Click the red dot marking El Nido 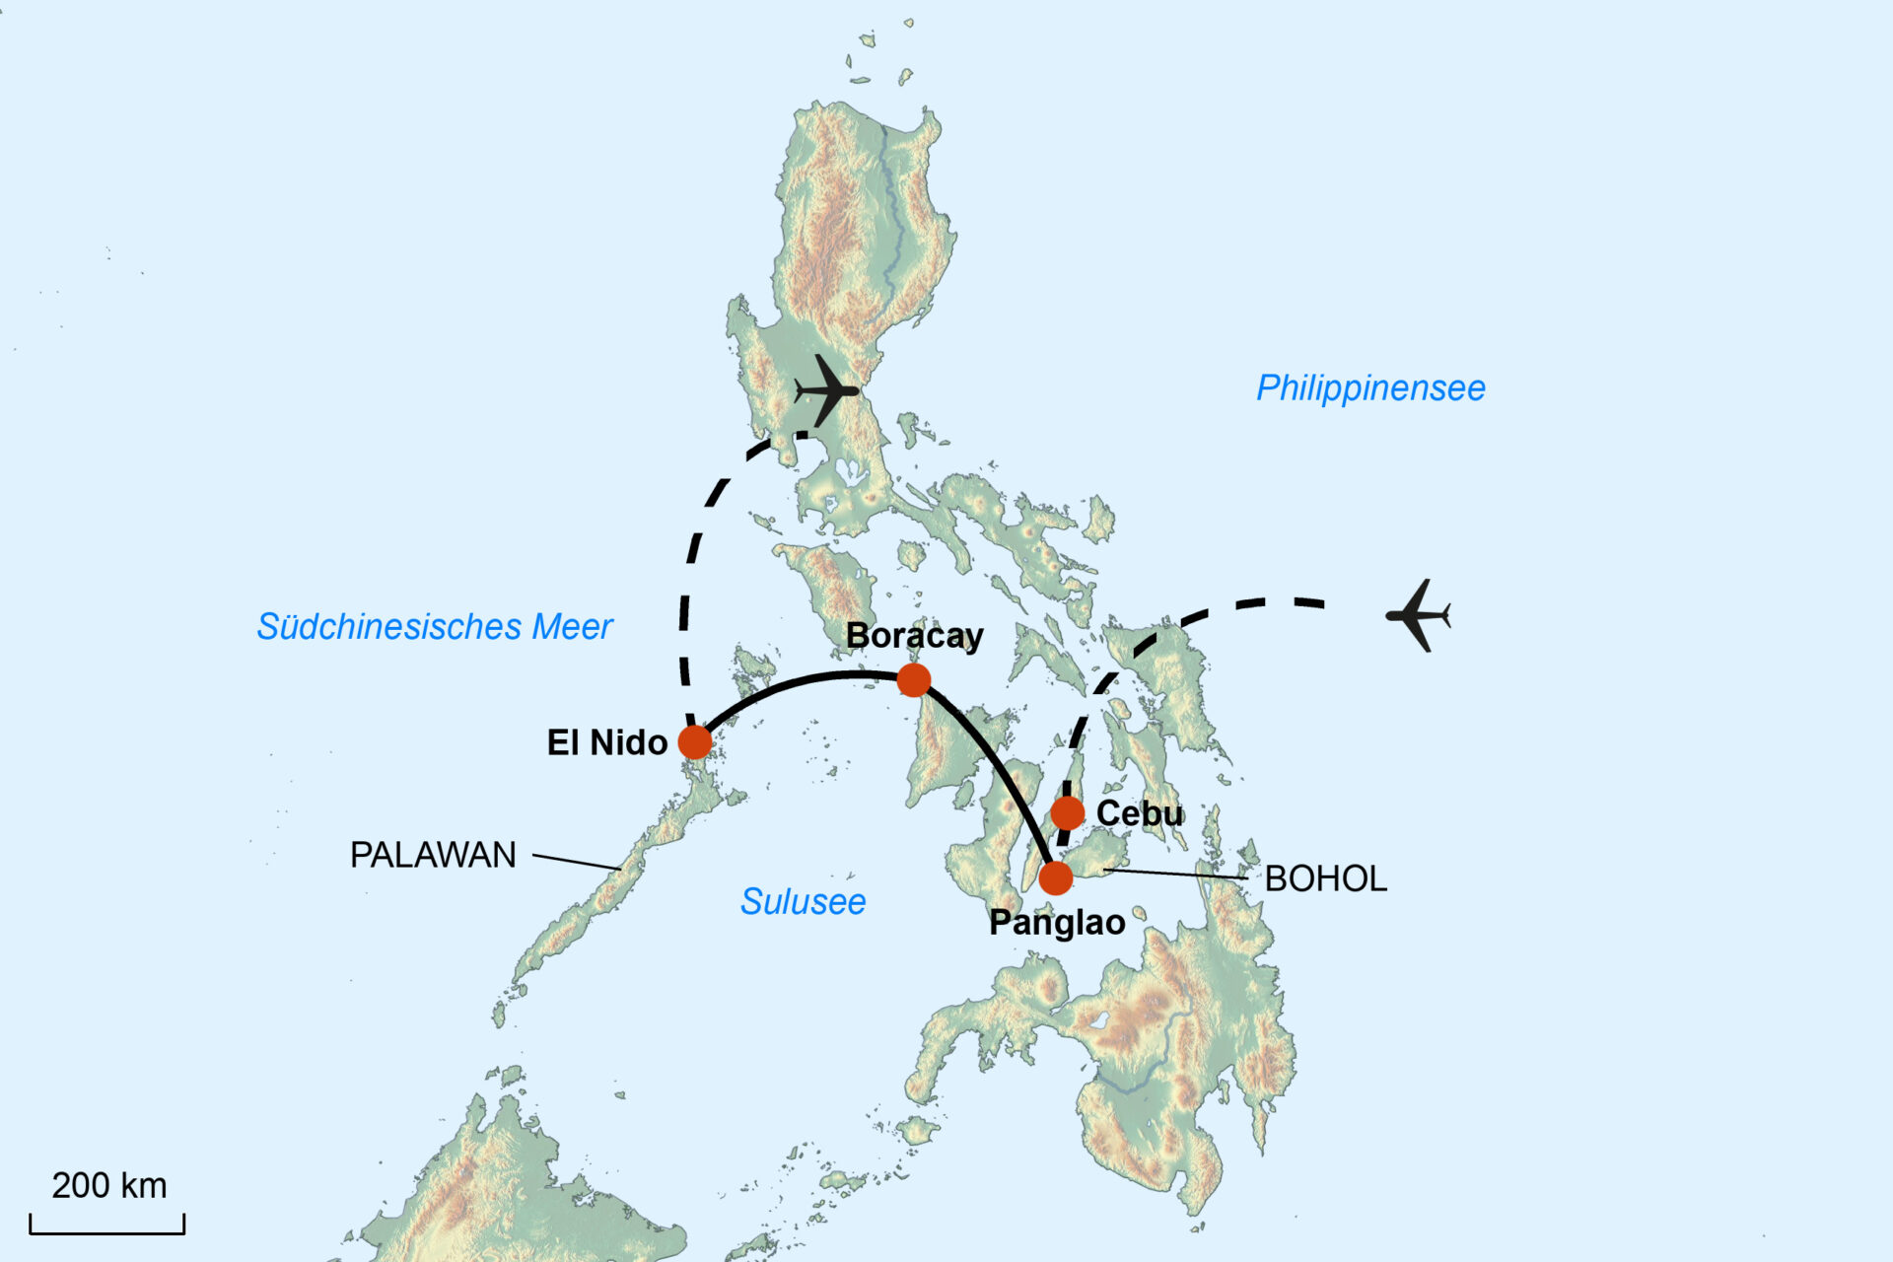coord(695,741)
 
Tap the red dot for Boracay coord(914,679)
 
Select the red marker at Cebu coord(1068,813)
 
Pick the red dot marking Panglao coord(1056,877)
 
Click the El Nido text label coord(606,742)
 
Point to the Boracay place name coord(914,636)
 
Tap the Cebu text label coord(1139,813)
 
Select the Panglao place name coord(1057,923)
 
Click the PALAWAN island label coord(433,855)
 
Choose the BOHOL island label coord(1325,878)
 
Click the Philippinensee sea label coord(1370,387)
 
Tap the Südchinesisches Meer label coord(435,626)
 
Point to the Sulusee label coord(803,901)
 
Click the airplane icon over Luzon coord(826,390)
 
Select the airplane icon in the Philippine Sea coord(1419,616)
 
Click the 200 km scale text coord(109,1185)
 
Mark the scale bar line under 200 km coord(107,1231)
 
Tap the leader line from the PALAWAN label coord(577,862)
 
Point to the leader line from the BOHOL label coord(1173,874)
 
